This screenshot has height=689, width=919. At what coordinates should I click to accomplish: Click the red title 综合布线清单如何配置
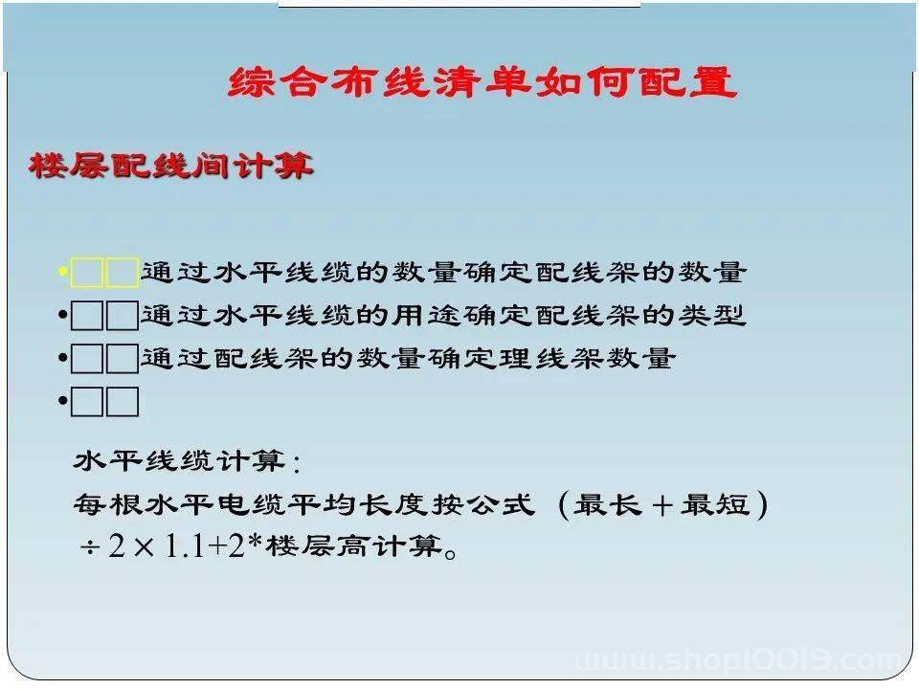pyautogui.click(x=482, y=81)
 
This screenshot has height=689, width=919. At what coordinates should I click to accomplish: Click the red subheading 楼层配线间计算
pyautogui.click(x=170, y=166)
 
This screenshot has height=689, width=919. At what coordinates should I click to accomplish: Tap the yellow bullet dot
pyautogui.click(x=63, y=271)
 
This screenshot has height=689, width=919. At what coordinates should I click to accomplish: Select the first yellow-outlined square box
pyautogui.click(x=87, y=273)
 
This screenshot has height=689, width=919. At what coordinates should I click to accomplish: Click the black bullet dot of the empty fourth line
pyautogui.click(x=63, y=401)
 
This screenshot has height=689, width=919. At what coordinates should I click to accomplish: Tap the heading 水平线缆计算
pyautogui.click(x=187, y=461)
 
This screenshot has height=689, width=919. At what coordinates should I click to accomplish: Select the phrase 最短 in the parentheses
pyautogui.click(x=716, y=504)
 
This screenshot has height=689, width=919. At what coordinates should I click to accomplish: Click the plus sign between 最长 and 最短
pyautogui.click(x=661, y=505)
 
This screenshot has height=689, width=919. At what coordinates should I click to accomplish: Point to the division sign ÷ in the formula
pyautogui.click(x=90, y=548)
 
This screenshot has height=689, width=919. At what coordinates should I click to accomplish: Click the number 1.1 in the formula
pyautogui.click(x=184, y=546)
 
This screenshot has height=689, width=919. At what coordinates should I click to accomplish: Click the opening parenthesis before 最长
pyautogui.click(x=563, y=504)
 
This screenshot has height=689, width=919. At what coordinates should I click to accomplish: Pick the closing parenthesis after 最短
pyautogui.click(x=762, y=504)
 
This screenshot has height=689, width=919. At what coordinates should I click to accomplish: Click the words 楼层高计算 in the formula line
pyautogui.click(x=354, y=546)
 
